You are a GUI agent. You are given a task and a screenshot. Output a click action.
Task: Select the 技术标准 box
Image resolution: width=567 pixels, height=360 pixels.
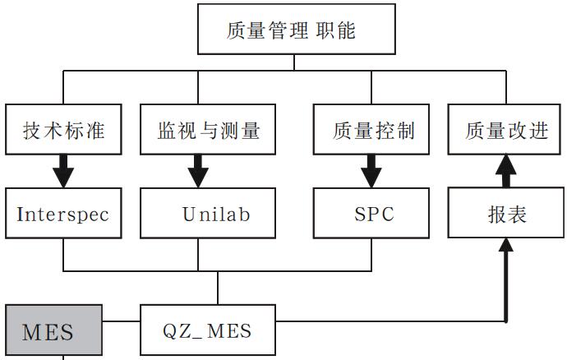[x=63, y=130]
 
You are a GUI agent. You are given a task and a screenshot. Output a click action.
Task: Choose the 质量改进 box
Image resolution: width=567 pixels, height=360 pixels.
[x=506, y=130]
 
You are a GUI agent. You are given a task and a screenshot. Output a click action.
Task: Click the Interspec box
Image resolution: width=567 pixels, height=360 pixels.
[x=63, y=215]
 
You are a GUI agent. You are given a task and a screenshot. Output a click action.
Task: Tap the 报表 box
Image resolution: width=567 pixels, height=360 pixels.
[x=506, y=215]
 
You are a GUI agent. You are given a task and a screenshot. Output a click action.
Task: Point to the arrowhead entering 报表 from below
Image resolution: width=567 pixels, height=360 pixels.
[x=506, y=245]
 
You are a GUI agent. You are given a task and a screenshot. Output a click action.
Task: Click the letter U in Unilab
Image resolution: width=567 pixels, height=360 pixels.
[x=188, y=215]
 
